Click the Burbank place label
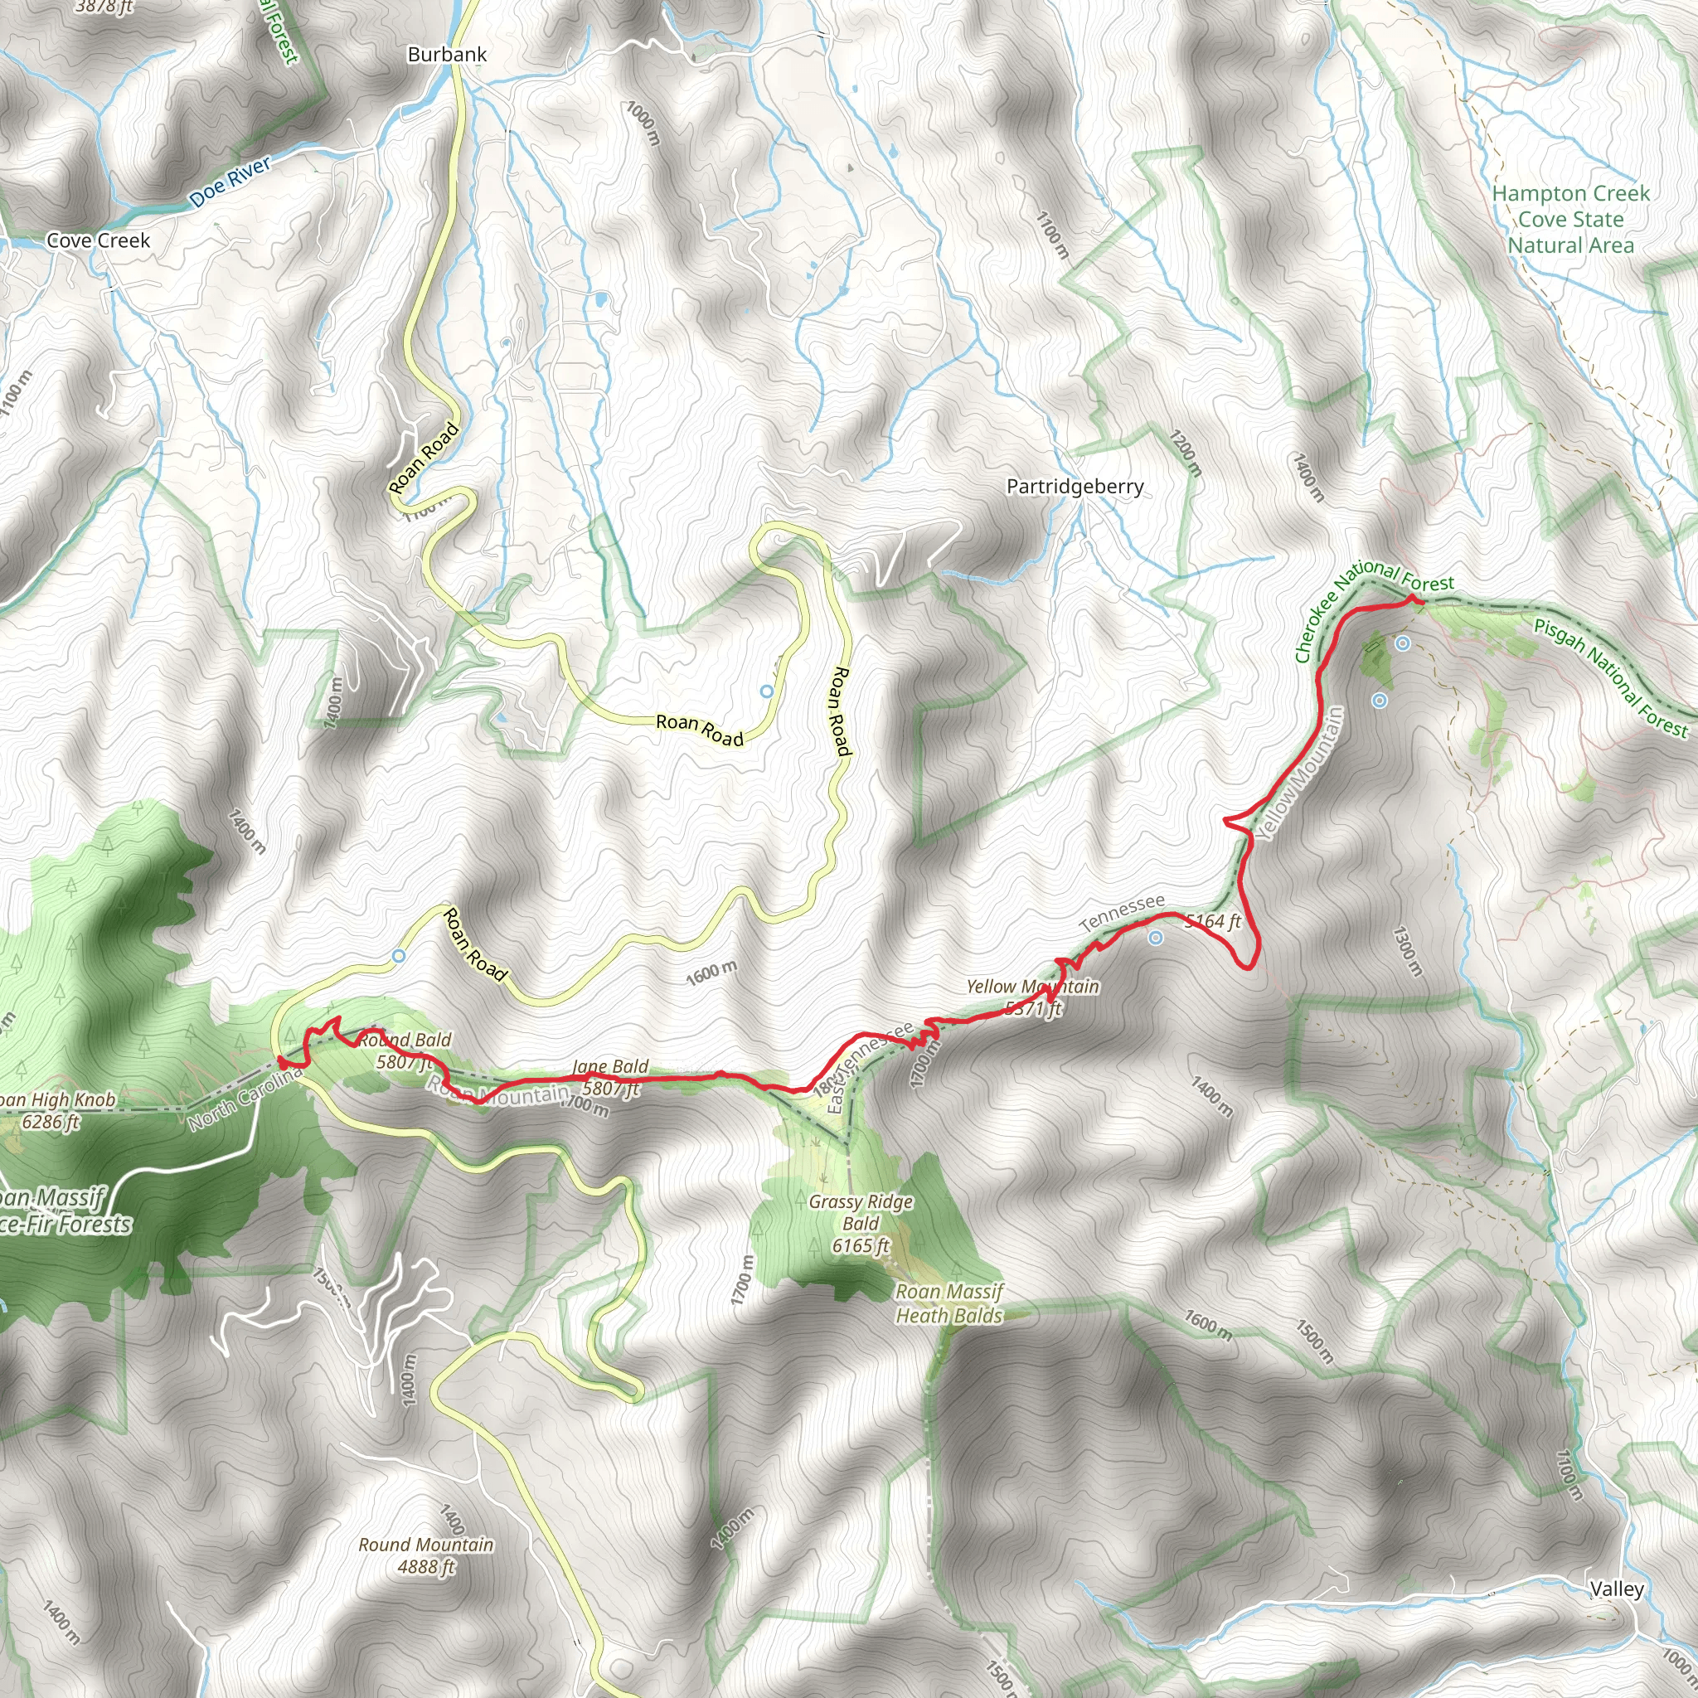click(447, 55)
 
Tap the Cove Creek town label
click(98, 240)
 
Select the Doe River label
click(230, 182)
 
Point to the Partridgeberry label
click(1075, 487)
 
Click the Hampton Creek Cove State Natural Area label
click(1570, 220)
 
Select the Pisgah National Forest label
click(1610, 677)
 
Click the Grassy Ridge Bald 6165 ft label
click(861, 1224)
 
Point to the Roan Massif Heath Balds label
click(948, 1303)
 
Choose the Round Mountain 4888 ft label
click(426, 1555)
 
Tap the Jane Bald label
click(610, 1067)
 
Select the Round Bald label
click(405, 1041)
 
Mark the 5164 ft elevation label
click(1213, 921)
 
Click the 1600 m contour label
click(711, 973)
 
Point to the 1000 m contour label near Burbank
click(643, 122)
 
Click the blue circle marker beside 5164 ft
click(1156, 939)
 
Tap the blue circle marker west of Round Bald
click(399, 955)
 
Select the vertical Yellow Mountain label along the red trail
click(1299, 774)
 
